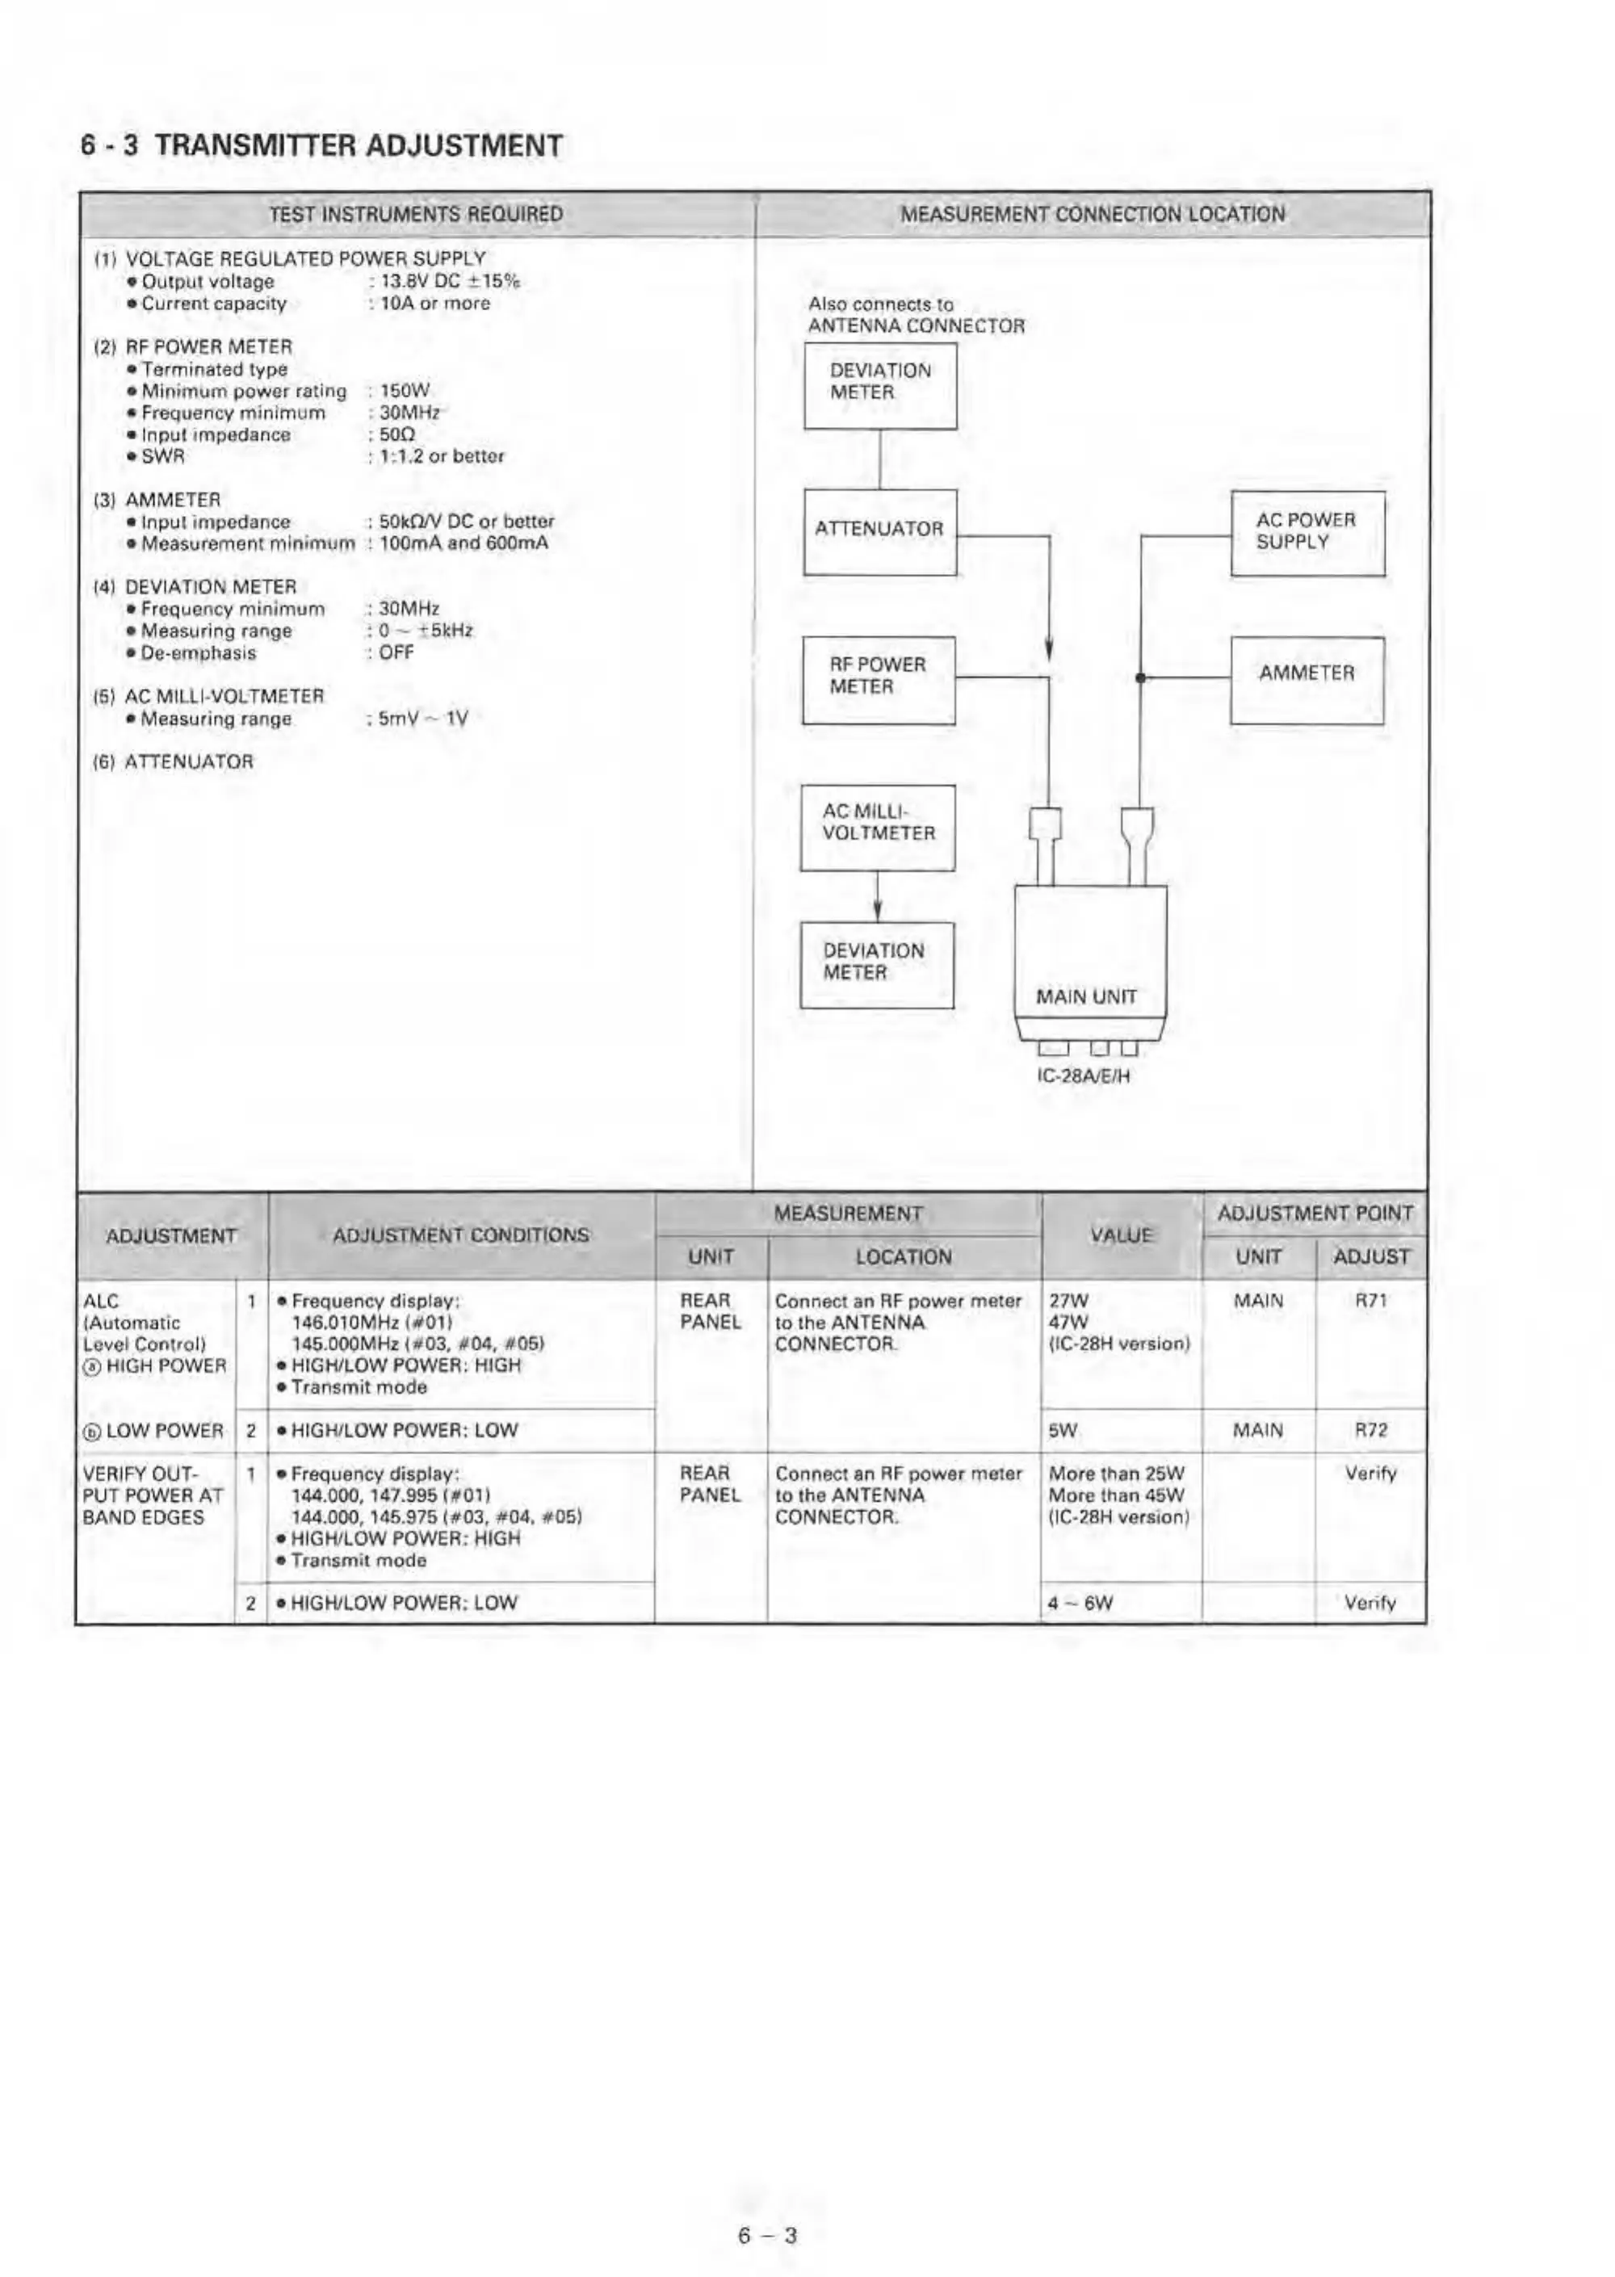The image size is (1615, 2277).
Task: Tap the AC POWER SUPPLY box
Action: click(1307, 532)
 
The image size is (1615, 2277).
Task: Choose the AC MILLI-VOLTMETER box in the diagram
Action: click(878, 826)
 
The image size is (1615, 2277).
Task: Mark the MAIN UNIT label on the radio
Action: click(1086, 996)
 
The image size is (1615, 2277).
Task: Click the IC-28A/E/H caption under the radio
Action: click(1084, 1076)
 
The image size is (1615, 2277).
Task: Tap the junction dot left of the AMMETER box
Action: click(1142, 678)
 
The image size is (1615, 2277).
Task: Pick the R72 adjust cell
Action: click(1370, 1430)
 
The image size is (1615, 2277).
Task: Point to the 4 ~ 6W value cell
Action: click(1079, 1603)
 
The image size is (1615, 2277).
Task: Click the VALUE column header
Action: click(1121, 1235)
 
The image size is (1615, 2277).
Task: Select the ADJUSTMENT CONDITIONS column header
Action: click(460, 1235)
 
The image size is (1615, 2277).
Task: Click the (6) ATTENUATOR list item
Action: click(174, 761)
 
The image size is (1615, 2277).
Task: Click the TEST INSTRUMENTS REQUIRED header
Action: click(416, 214)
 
